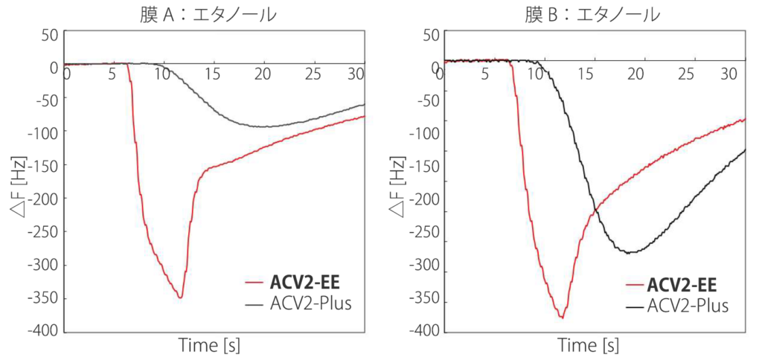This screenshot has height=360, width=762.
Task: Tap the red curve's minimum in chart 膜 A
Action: [180, 298]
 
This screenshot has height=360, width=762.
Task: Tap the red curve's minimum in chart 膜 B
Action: [562, 318]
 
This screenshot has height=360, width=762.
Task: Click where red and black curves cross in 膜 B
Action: [593, 213]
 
